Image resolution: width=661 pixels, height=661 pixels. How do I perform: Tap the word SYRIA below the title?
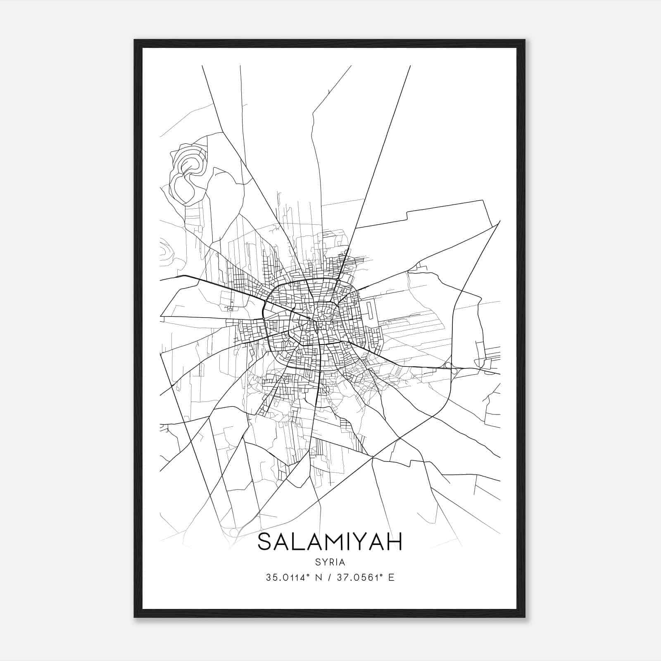(330, 562)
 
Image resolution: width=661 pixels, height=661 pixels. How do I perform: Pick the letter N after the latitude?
(318, 577)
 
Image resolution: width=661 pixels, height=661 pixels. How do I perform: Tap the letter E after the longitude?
(391, 577)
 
